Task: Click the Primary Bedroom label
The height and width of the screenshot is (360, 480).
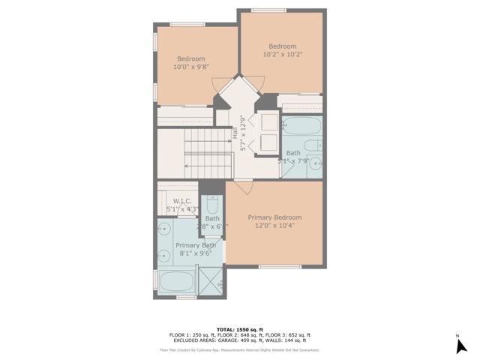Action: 274,217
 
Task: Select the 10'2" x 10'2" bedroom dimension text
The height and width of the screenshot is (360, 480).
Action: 283,54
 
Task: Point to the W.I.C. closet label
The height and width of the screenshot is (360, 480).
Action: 182,201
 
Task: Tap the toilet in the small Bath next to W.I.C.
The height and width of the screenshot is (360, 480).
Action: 212,206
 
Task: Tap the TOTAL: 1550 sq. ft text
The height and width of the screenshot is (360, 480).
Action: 239,328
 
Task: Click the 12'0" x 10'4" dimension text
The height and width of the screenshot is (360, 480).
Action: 274,226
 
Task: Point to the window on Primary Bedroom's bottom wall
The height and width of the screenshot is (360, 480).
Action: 279,266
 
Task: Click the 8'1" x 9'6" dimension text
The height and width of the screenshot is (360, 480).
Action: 195,253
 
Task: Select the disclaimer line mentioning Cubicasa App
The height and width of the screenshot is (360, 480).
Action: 239,349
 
